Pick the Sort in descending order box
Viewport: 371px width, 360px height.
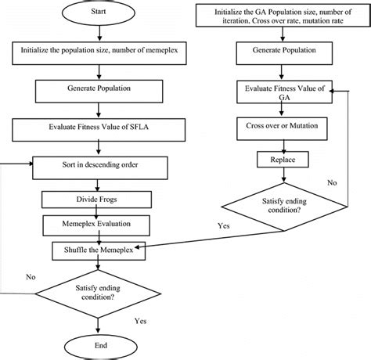pyautogui.click(x=98, y=165)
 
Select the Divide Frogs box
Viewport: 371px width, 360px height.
pyautogui.click(x=98, y=200)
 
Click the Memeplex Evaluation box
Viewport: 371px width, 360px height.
pyautogui.click(x=98, y=225)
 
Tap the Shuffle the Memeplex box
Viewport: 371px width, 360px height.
pyautogui.click(x=98, y=250)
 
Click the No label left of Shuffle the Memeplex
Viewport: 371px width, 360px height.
pyautogui.click(x=30, y=276)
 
